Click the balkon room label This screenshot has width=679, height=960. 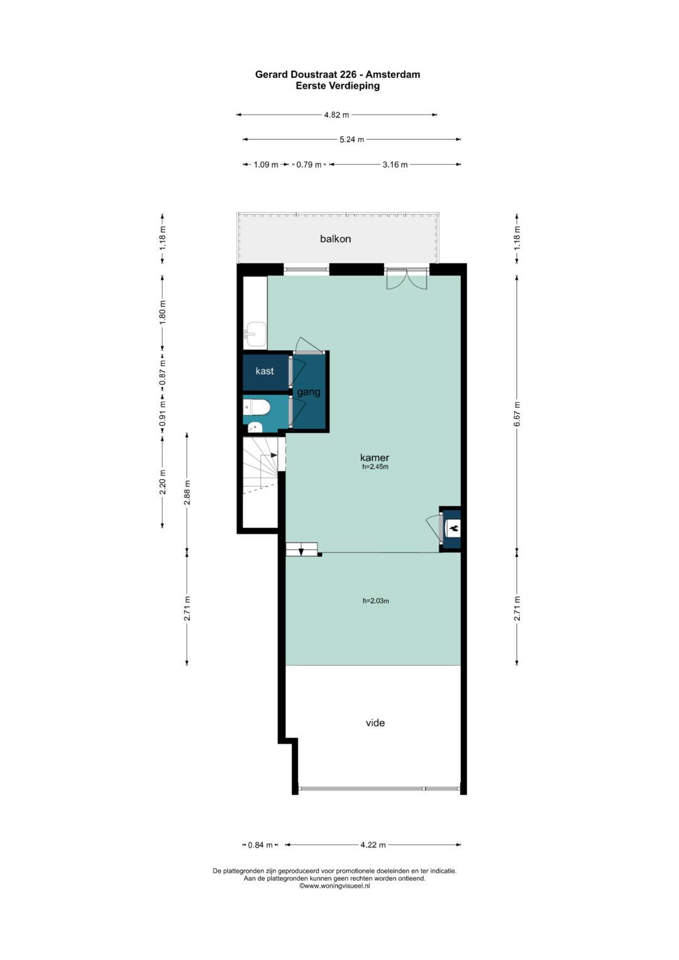335,239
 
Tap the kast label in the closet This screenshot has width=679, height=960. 265,371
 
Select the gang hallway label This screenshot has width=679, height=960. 309,392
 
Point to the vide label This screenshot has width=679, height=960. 375,723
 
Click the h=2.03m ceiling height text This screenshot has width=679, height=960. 375,601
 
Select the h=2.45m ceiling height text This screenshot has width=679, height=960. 375,466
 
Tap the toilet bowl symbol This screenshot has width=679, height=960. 257,407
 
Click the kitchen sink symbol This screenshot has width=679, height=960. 255,334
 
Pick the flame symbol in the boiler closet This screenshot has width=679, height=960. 453,529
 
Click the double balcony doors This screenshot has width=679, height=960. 406,279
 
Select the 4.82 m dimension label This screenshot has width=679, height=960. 336,115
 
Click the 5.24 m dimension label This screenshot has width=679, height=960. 351,140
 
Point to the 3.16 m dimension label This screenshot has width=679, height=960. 395,165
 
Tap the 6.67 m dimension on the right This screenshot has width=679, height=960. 517,414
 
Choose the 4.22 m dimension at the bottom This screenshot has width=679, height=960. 373,845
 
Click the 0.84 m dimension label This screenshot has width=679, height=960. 260,845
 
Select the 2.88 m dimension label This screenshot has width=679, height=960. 187,492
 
